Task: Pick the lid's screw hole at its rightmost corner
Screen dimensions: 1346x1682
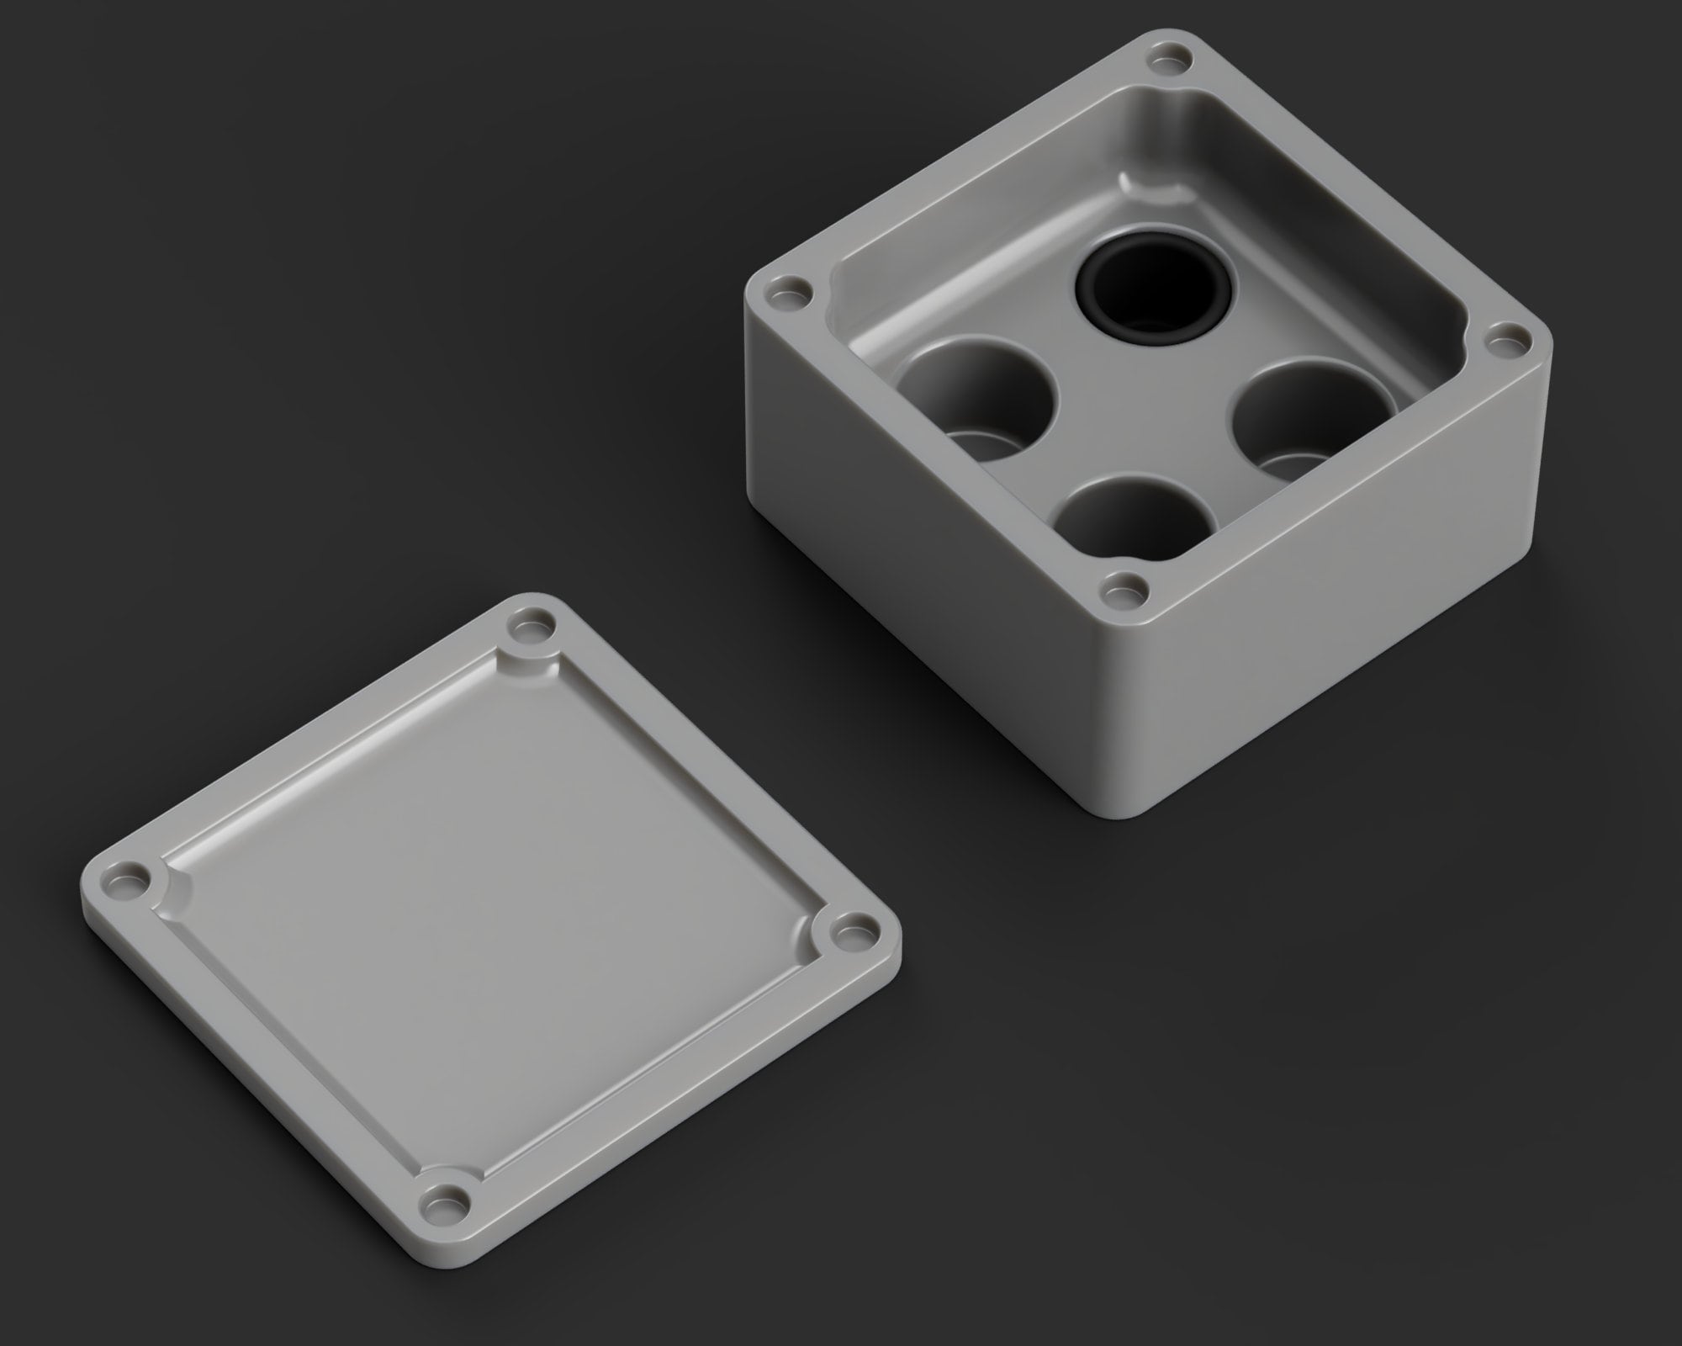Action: point(851,930)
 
